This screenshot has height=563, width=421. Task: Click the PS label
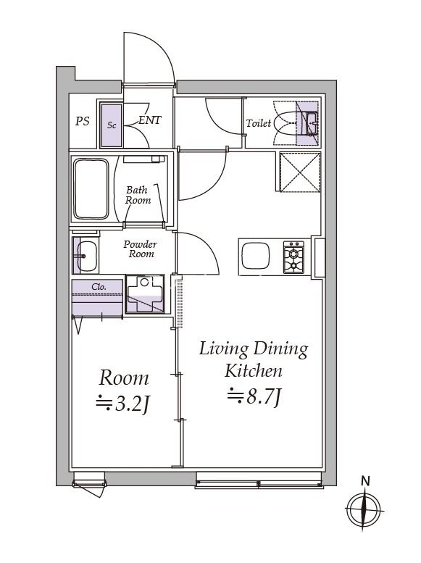83,122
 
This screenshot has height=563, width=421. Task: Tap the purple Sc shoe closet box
112,125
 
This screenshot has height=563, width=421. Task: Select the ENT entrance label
149,121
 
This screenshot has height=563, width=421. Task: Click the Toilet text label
259,123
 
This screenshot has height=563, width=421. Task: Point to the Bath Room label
138,194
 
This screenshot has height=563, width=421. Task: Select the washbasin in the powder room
86,254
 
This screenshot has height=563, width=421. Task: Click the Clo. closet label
99,287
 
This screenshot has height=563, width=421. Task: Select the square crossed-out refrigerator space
296,172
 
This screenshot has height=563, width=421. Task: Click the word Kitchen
253,372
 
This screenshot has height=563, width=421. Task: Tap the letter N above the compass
366,480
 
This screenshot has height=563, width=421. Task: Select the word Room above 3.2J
124,378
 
